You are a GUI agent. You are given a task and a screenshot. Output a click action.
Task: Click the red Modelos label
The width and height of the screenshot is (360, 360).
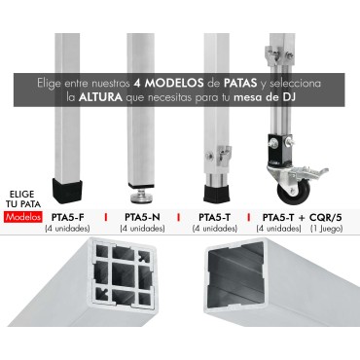click(x=22, y=218)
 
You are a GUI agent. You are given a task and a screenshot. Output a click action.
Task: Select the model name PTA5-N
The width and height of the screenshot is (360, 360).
click(x=142, y=217)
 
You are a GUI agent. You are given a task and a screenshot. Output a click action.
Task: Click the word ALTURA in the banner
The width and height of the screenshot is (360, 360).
click(x=102, y=98)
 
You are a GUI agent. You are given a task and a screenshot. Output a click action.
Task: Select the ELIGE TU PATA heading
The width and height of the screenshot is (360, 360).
click(x=22, y=199)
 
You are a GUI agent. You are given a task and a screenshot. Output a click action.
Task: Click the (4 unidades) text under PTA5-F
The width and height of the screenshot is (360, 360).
click(x=66, y=229)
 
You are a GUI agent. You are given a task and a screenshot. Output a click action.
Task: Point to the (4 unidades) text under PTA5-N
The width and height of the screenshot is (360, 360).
click(x=142, y=229)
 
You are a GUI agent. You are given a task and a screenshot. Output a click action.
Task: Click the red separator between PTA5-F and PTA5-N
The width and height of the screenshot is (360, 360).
click(x=104, y=218)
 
